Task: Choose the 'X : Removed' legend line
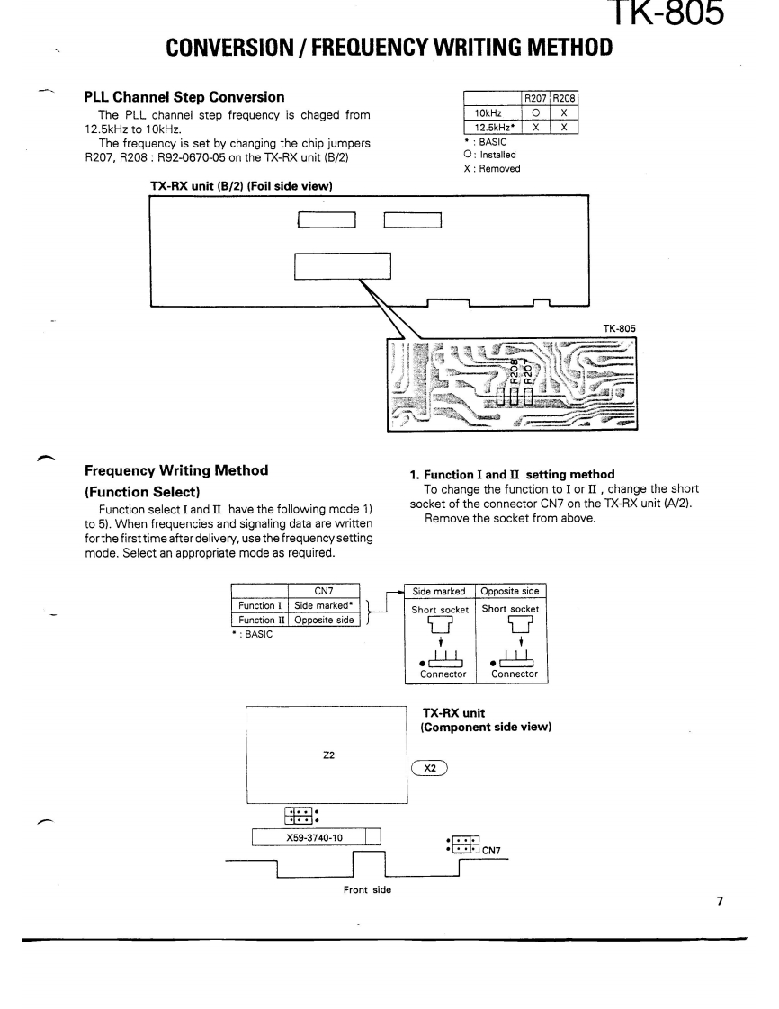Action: (x=491, y=168)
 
